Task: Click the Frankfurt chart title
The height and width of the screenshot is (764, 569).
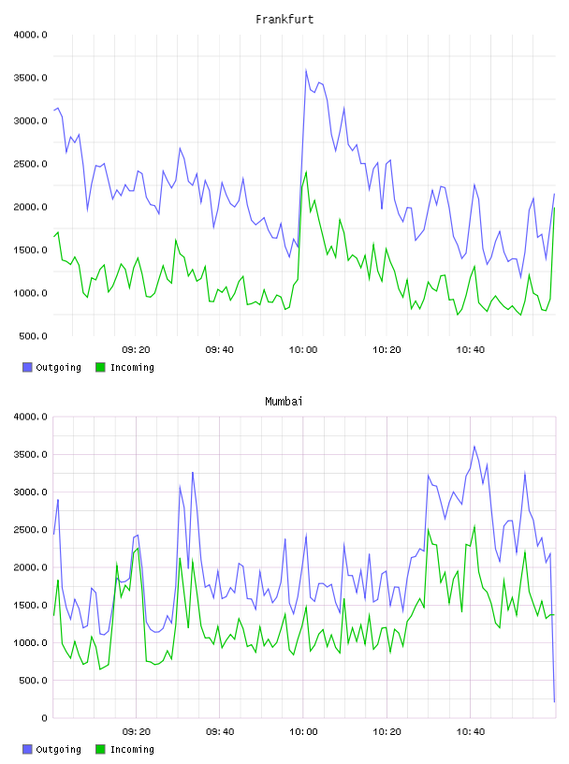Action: click(284, 20)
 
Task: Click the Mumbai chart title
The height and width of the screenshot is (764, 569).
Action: click(284, 402)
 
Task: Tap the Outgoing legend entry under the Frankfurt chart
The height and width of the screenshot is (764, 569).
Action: click(52, 367)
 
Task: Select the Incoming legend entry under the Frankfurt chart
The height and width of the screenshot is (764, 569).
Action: click(125, 367)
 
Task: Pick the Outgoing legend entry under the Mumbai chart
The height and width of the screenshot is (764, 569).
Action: click(52, 749)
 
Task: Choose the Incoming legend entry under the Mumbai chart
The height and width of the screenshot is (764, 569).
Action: click(125, 749)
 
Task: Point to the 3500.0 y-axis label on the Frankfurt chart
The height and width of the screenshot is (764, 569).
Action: click(30, 78)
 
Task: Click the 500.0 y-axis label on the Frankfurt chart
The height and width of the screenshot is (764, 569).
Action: click(33, 336)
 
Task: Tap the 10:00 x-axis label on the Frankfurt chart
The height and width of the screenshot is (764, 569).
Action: click(303, 350)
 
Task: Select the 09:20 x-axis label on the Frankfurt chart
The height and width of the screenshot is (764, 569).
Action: click(136, 350)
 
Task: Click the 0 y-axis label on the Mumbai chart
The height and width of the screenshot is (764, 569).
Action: click(44, 718)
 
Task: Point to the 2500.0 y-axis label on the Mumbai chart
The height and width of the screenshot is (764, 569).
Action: click(30, 530)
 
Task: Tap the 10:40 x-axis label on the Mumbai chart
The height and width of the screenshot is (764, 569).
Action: click(471, 732)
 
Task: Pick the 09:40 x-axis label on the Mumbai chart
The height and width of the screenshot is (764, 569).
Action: click(220, 732)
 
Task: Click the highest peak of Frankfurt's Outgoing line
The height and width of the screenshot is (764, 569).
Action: click(306, 69)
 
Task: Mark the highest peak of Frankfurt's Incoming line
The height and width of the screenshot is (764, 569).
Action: click(306, 172)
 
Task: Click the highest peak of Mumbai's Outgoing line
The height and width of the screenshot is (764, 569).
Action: click(474, 446)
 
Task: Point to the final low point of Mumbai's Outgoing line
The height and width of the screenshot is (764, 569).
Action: click(554, 701)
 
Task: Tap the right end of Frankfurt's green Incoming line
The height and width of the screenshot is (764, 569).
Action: click(554, 208)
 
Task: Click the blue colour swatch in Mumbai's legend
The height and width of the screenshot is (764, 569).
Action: click(27, 749)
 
